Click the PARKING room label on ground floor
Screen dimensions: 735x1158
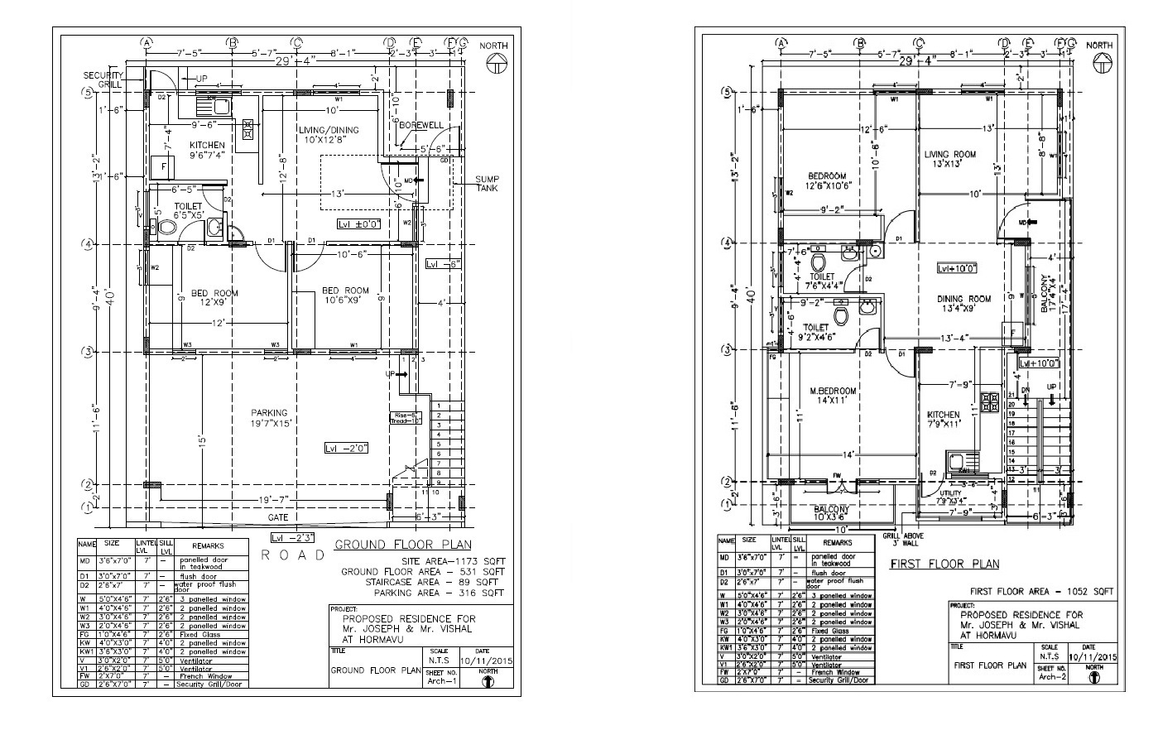(270, 413)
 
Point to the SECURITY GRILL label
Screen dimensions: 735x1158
(103, 79)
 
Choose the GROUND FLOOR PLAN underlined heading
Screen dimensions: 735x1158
(402, 545)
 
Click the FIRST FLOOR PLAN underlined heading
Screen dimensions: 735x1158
(944, 564)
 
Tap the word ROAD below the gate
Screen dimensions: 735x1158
(294, 555)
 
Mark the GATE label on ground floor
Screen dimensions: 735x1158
(277, 517)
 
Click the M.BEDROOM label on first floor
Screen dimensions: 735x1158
(834, 391)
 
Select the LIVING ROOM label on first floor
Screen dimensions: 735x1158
(950, 154)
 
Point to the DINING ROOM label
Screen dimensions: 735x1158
(963, 299)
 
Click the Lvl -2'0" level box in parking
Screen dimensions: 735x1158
(347, 448)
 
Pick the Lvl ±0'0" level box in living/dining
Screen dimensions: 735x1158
(358, 224)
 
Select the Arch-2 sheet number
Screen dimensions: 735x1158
(1049, 676)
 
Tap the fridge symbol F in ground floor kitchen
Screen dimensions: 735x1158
(163, 166)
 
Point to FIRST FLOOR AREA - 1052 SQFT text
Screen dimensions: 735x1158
(1041, 591)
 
